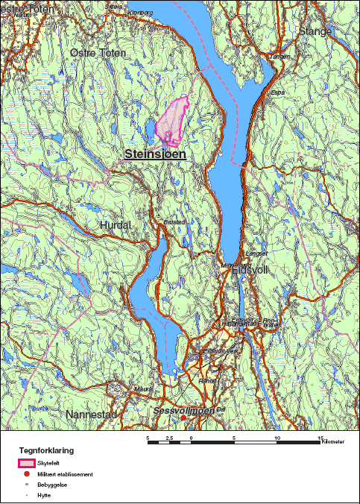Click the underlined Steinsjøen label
155,154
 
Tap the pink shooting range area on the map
171,121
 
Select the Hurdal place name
115,224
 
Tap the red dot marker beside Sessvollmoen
184,418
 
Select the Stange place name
315,31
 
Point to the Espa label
278,92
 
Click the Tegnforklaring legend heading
46,451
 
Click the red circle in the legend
27,474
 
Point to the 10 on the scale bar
277,438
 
